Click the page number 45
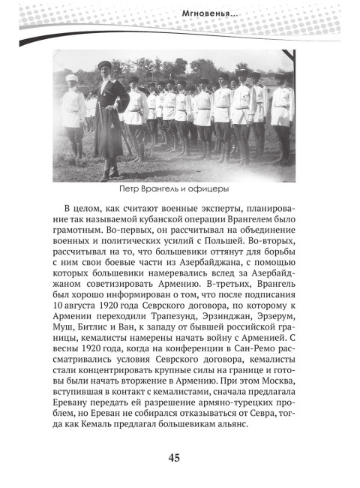[180, 460]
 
